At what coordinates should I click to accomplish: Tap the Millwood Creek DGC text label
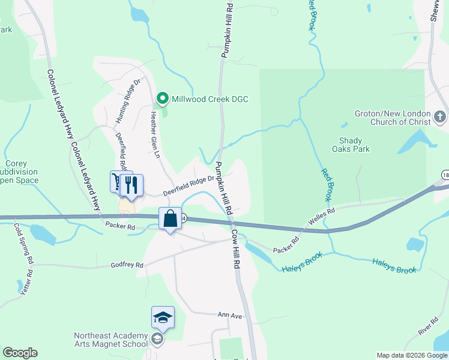209,99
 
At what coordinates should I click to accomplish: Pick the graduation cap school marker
163,317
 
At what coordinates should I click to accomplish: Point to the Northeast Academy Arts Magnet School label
110,340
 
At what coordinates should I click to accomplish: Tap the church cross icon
440,116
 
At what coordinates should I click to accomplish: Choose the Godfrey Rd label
127,265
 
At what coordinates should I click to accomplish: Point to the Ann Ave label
229,314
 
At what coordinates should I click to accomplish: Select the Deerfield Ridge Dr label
189,186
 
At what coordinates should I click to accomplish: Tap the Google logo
20,353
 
